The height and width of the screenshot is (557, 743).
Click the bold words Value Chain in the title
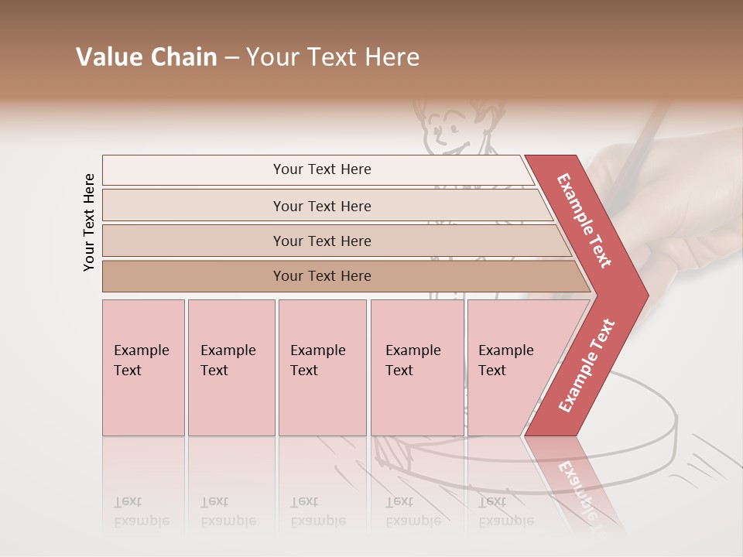click(146, 57)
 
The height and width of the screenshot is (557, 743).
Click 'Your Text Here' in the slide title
click(333, 57)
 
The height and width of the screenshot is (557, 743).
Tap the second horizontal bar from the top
click(321, 206)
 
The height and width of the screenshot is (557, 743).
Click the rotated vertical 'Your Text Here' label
click(89, 222)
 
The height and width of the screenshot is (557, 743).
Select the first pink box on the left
click(143, 367)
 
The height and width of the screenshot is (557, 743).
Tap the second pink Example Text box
click(231, 367)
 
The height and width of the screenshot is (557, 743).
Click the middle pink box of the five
click(322, 367)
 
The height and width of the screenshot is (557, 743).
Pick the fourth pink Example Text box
click(416, 367)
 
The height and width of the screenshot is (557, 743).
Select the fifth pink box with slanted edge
click(511, 367)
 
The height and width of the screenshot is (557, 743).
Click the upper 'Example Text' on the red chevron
click(584, 220)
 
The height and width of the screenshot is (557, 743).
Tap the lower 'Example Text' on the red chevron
click(587, 366)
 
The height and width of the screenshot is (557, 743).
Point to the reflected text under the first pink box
click(142, 511)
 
